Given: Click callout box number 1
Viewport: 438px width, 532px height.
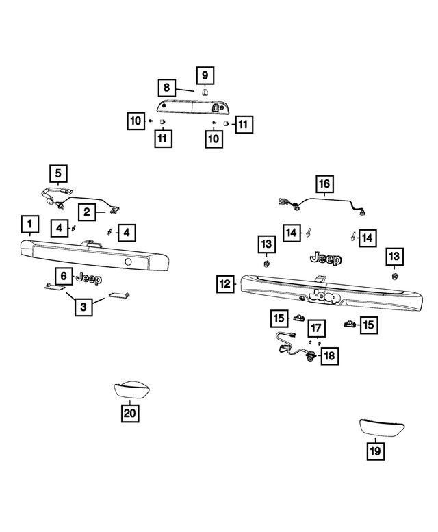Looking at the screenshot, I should click(29, 224).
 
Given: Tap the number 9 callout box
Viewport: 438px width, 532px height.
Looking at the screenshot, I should click(206, 74).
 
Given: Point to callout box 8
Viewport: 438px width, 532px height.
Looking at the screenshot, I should click(166, 88).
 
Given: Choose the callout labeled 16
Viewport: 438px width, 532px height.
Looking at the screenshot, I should click(324, 183).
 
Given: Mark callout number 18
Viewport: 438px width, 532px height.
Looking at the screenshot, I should click(330, 356).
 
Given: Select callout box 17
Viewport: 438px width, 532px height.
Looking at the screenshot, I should click(316, 327).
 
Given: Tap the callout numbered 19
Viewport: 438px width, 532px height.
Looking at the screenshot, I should click(375, 451).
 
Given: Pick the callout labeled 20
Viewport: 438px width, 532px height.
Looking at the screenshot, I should click(130, 413).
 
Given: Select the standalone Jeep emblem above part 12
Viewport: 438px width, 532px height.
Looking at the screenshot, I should click(326, 258).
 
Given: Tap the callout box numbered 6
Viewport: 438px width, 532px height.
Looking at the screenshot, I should click(63, 277).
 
